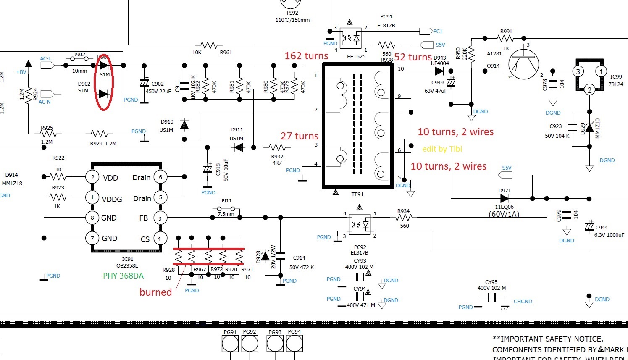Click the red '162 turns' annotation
click(306, 56)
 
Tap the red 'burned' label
click(155, 292)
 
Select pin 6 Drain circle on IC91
click(160, 177)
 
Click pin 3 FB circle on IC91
click(160, 218)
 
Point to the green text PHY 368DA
click(123, 276)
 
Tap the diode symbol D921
click(505, 198)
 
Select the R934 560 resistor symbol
click(404, 217)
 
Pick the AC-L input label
click(46, 59)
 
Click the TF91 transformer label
click(357, 194)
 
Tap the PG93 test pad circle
click(275, 344)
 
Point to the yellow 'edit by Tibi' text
click(442, 149)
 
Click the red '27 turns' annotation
click(300, 136)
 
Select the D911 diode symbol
click(239, 147)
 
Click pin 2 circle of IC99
click(589, 90)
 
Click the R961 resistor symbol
click(209, 45)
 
